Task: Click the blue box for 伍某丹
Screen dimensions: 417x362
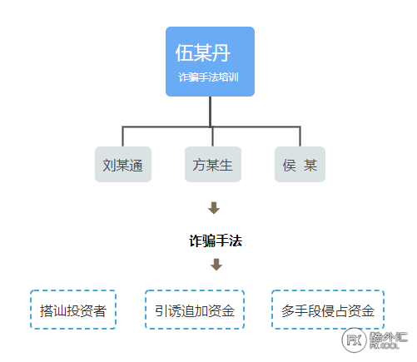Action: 210,62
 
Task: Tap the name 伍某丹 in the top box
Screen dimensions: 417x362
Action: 203,53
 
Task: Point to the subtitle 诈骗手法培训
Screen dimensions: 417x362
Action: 208,77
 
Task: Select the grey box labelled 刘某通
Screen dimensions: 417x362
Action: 123,164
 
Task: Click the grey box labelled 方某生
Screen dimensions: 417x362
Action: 213,164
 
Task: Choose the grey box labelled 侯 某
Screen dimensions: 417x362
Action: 300,164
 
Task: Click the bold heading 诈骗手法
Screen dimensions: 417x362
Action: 216,241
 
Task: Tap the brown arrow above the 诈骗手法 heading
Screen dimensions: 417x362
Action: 214,208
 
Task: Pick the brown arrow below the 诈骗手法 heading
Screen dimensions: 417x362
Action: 216,265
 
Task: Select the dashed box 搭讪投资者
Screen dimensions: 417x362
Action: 73,310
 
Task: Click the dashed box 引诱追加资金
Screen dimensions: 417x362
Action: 195,310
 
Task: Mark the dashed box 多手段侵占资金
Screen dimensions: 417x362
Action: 328,310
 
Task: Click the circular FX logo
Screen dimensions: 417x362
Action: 355,340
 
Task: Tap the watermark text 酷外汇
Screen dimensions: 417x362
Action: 389,337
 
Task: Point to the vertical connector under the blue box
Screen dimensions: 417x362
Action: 211,112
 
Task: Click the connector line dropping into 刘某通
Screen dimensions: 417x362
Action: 122,136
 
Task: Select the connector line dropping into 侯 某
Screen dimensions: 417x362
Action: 300,136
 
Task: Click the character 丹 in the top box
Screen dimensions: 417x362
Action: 221,53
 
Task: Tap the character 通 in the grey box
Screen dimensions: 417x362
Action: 136,166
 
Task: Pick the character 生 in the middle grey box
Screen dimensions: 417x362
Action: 226,165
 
